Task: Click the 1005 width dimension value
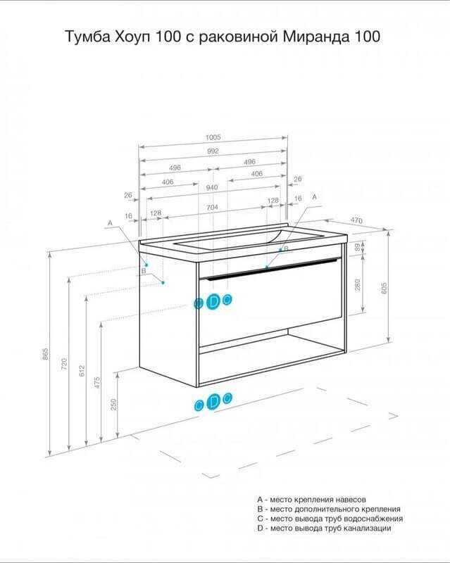213,137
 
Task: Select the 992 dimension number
213,151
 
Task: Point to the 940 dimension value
212,187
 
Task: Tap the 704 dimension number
212,207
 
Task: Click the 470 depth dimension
356,220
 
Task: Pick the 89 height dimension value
357,247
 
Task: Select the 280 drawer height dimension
358,285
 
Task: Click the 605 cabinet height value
385,289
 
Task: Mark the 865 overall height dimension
45,354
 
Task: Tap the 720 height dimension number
64,364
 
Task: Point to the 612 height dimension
82,371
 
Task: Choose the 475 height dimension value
97,382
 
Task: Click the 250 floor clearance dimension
113,405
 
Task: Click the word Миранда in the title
317,37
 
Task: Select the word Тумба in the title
87,37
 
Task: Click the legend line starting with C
330,519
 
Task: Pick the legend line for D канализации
324,529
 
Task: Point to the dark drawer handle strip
270,269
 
